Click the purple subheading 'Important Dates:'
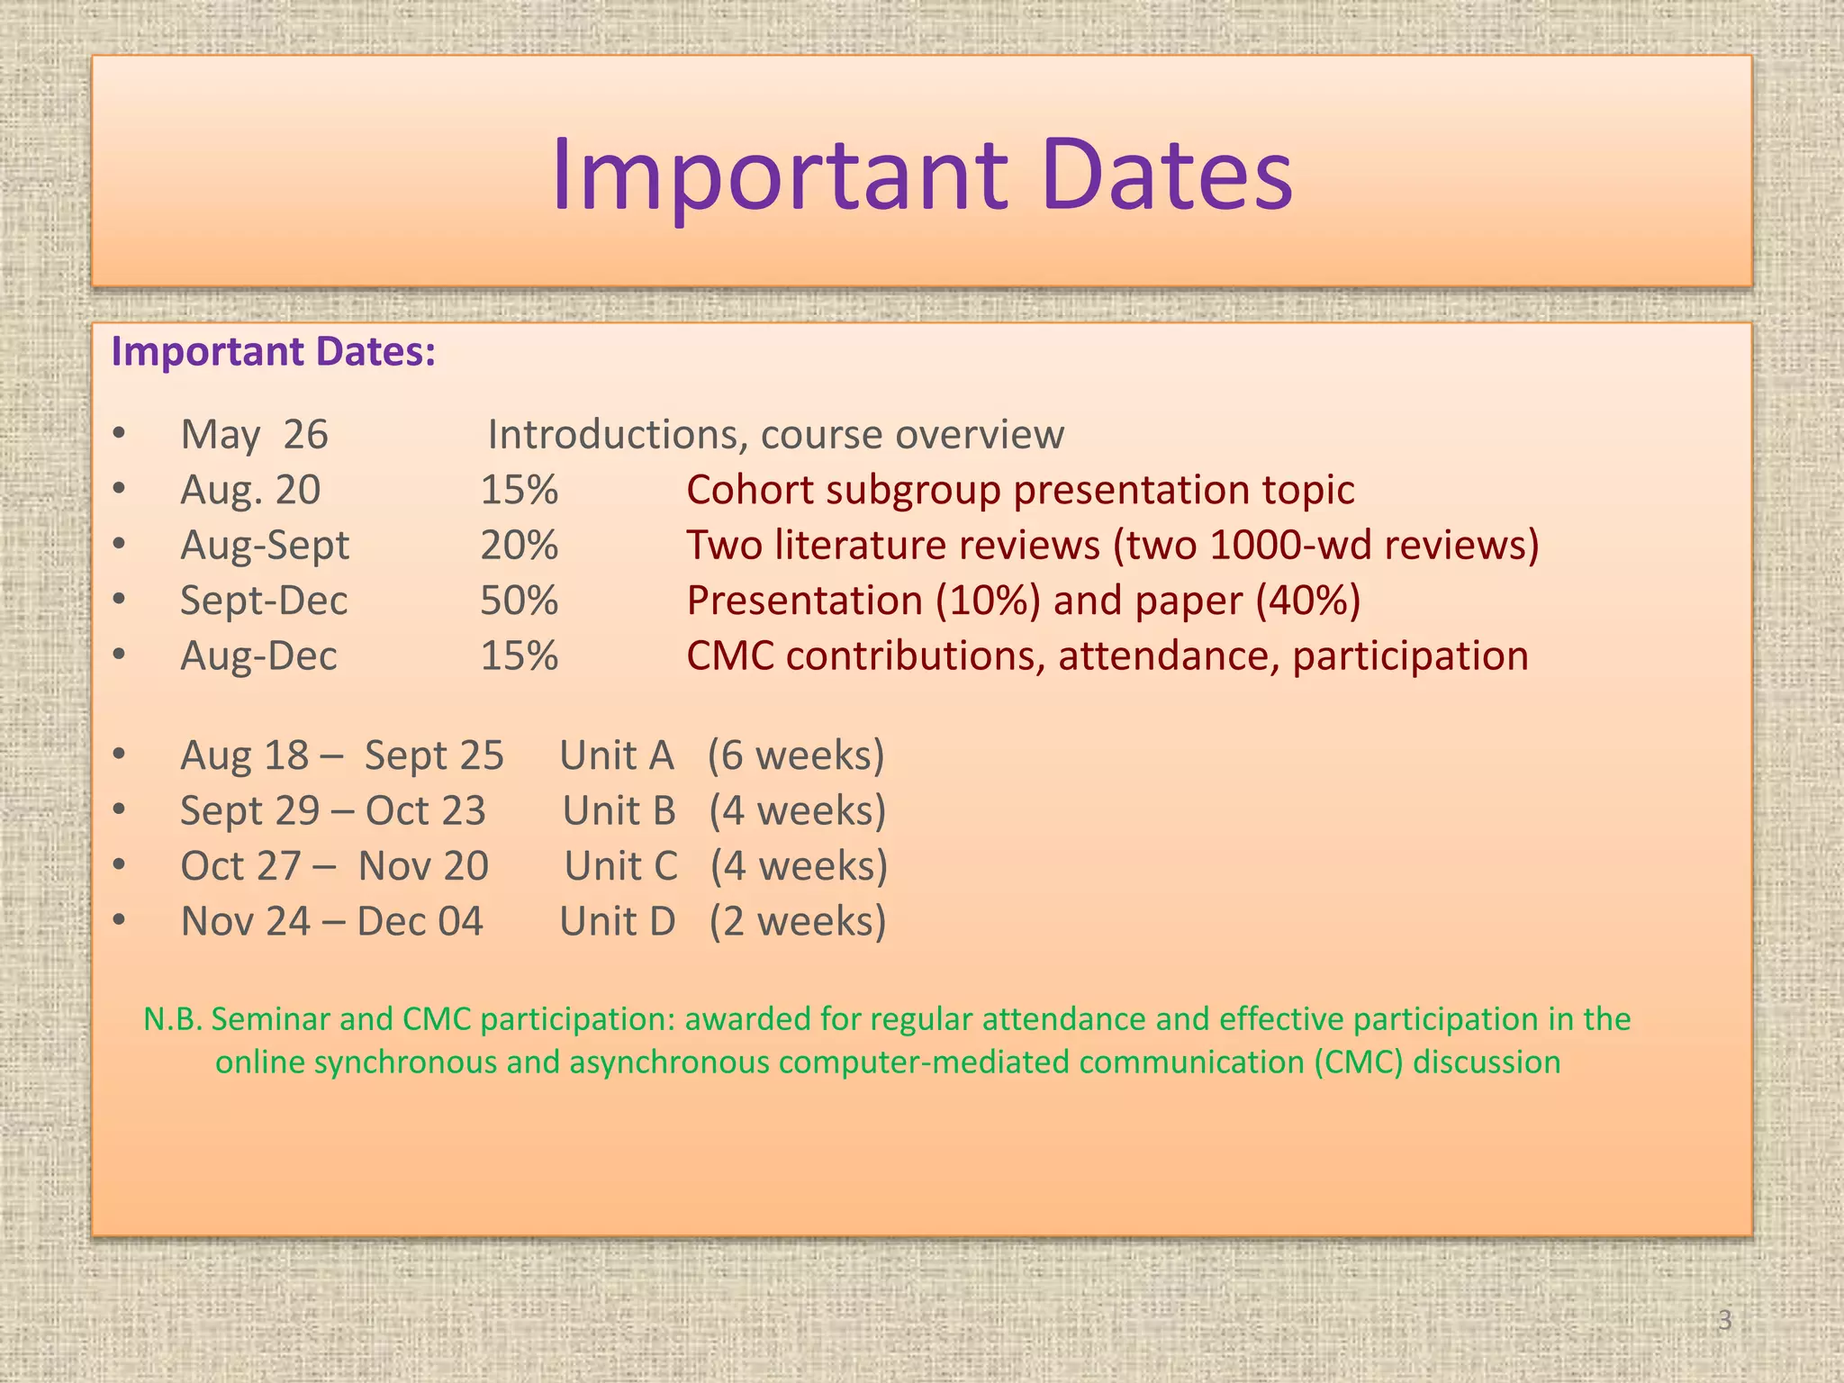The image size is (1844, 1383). (273, 351)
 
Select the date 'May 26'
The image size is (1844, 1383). (254, 435)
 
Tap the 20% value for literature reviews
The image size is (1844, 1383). (519, 546)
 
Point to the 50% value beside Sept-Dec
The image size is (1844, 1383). (519, 601)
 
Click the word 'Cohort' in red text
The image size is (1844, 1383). (753, 491)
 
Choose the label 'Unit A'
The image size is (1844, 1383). (616, 755)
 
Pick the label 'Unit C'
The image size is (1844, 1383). (620, 866)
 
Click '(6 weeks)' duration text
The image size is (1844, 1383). (796, 755)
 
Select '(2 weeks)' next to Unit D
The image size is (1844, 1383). (797, 922)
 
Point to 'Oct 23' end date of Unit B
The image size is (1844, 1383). (425, 811)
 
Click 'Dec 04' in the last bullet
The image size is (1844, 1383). (420, 922)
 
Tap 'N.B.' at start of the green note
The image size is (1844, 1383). (173, 1019)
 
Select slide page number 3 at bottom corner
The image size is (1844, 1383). (1724, 1320)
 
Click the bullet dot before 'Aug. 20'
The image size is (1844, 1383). (120, 490)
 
